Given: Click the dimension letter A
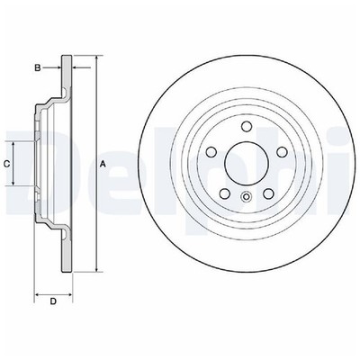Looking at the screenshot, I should [x=103, y=163].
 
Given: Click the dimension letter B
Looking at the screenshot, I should [x=37, y=67].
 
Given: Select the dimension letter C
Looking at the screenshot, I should [x=6, y=164].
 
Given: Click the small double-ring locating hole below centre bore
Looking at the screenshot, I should [x=246, y=196].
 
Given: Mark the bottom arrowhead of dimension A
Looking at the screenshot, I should [x=94, y=269].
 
